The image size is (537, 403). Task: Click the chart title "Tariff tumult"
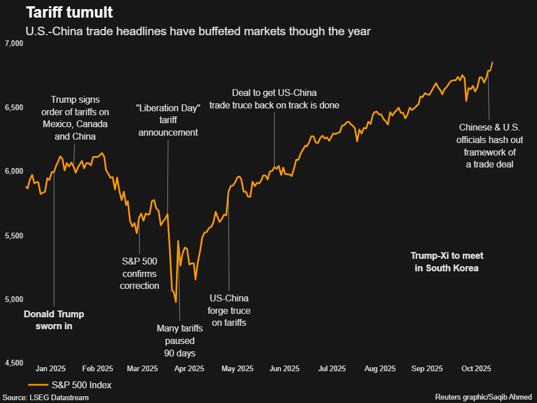click(x=65, y=12)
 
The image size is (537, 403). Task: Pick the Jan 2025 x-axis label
click(x=51, y=368)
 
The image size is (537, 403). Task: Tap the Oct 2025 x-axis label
click(x=475, y=368)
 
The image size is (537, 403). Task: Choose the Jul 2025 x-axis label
click(x=330, y=368)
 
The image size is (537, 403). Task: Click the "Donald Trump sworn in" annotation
click(x=53, y=320)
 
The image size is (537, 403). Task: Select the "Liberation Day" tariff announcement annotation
click(x=168, y=120)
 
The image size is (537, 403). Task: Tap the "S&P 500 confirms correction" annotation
click(x=140, y=273)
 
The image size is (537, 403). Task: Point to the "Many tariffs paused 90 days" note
click(x=176, y=341)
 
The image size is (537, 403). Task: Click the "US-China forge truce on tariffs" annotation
click(x=230, y=310)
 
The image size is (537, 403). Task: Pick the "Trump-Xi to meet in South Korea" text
click(x=447, y=262)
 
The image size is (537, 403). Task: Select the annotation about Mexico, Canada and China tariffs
click(x=76, y=117)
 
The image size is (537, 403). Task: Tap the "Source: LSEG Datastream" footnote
click(x=46, y=397)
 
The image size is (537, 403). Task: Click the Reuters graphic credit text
click(x=484, y=397)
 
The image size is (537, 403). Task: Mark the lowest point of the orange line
click(x=176, y=302)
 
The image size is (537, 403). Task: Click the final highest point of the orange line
click(x=493, y=62)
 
